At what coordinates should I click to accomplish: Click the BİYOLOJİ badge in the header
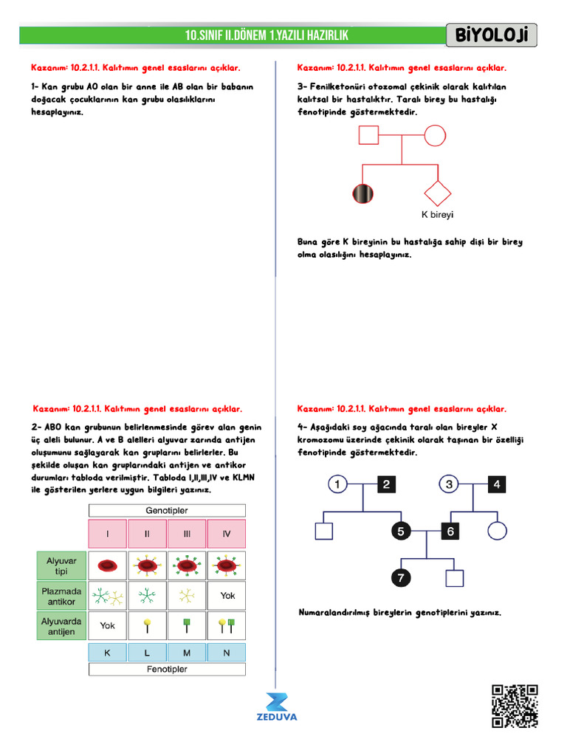pyautogui.click(x=492, y=35)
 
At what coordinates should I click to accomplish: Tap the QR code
pyautogui.click(x=515, y=707)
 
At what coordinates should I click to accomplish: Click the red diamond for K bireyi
pyautogui.click(x=436, y=193)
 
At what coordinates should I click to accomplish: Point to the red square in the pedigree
pyautogui.click(x=368, y=135)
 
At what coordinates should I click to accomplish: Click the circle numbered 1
pyautogui.click(x=337, y=484)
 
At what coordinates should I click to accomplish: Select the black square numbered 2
pyautogui.click(x=387, y=484)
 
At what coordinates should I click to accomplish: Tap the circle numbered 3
pyautogui.click(x=449, y=484)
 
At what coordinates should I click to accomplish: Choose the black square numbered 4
pyautogui.click(x=497, y=484)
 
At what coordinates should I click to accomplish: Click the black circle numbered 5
pyautogui.click(x=400, y=531)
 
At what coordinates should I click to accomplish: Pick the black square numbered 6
pyautogui.click(x=450, y=531)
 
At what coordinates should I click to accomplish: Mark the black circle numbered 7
pyautogui.click(x=400, y=578)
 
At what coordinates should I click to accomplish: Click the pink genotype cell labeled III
pyautogui.click(x=187, y=534)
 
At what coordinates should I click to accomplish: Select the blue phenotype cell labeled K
pyautogui.click(x=108, y=653)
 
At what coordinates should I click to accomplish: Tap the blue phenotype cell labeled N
pyautogui.click(x=227, y=653)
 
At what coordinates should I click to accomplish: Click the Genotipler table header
pyautogui.click(x=167, y=510)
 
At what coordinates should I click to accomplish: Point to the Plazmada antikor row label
pyautogui.click(x=61, y=597)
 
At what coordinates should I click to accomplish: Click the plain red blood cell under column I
pyautogui.click(x=108, y=566)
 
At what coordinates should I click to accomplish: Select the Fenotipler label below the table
pyautogui.click(x=167, y=670)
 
